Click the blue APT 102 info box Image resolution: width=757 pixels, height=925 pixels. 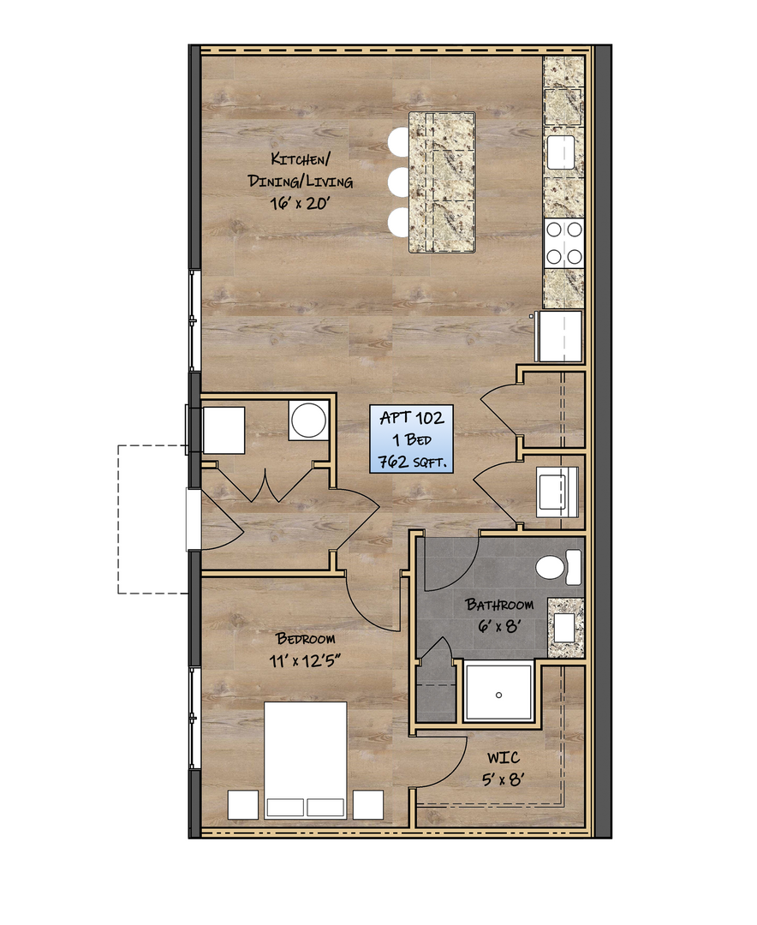pyautogui.click(x=412, y=439)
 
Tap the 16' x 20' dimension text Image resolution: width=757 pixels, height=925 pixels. pyautogui.click(x=300, y=204)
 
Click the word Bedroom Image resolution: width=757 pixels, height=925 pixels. pyautogui.click(x=306, y=638)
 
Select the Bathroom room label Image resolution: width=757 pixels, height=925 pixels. pyautogui.click(x=499, y=605)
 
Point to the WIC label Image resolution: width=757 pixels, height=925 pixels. pyautogui.click(x=504, y=758)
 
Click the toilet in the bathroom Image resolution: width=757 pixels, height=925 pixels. pyautogui.click(x=558, y=568)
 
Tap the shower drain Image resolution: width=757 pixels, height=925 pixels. pyautogui.click(x=498, y=695)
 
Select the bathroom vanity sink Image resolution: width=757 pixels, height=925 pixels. pyautogui.click(x=564, y=628)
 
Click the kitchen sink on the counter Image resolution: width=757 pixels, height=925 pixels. pyautogui.click(x=561, y=152)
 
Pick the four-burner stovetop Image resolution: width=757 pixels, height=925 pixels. pyautogui.click(x=564, y=242)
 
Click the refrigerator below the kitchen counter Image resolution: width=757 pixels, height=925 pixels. pyautogui.click(x=560, y=337)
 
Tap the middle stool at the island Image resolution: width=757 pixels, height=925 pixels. pyautogui.click(x=399, y=182)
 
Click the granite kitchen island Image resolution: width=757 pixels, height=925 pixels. pyautogui.click(x=443, y=182)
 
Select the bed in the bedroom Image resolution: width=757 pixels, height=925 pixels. pyautogui.click(x=305, y=760)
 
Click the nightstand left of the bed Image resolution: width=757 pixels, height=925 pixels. pyautogui.click(x=243, y=804)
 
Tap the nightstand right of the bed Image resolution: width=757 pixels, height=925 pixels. pyautogui.click(x=368, y=804)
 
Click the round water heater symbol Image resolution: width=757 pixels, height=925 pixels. pyautogui.click(x=308, y=420)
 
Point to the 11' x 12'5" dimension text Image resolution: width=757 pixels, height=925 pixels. pyautogui.click(x=305, y=660)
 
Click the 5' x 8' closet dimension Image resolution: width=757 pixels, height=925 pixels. pyautogui.click(x=503, y=780)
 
